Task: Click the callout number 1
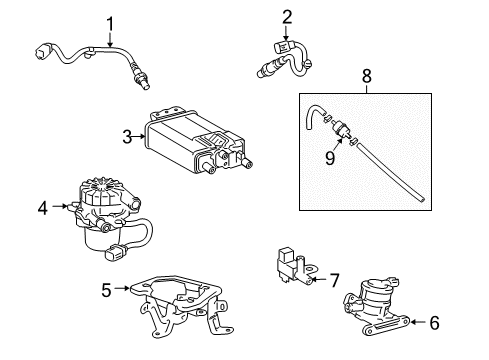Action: pos(111,22)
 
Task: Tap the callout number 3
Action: pos(127,137)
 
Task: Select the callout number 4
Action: pos(42,208)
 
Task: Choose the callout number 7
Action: pos(335,281)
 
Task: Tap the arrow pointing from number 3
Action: pos(140,138)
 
